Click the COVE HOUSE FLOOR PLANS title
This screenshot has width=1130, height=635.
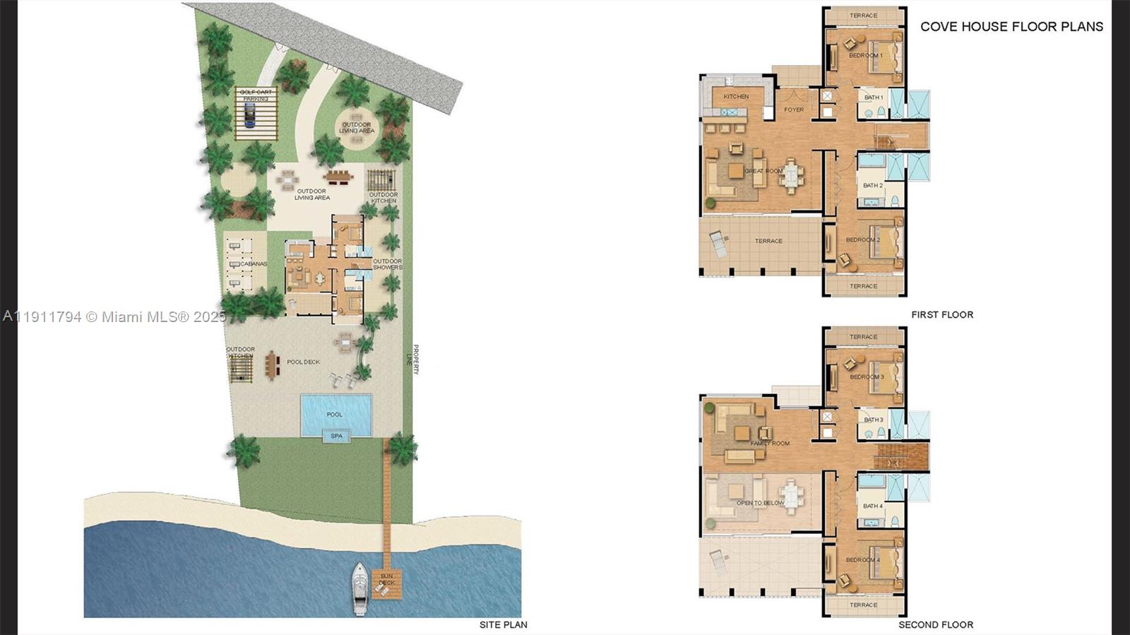[1011, 27]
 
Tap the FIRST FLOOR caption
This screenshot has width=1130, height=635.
[942, 315]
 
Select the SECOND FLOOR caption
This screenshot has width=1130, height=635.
[936, 624]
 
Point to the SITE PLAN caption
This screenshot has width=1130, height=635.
[503, 624]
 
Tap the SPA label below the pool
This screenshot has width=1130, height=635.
[336, 437]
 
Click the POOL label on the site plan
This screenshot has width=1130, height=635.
[335, 415]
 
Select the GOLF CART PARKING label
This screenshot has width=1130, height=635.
[256, 95]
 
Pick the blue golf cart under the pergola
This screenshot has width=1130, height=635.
[249, 114]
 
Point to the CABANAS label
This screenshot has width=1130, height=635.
[254, 264]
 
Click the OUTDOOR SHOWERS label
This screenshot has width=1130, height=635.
[387, 264]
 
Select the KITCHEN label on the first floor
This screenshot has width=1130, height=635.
[736, 97]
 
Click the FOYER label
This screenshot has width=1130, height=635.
[794, 110]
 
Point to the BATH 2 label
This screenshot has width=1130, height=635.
[872, 186]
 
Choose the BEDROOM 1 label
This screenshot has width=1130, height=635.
[865, 56]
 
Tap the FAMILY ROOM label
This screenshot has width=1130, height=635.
[770, 444]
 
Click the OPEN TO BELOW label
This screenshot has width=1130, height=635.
[760, 504]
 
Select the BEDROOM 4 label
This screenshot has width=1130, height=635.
[863, 560]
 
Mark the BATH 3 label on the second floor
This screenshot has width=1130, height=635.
[874, 420]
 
